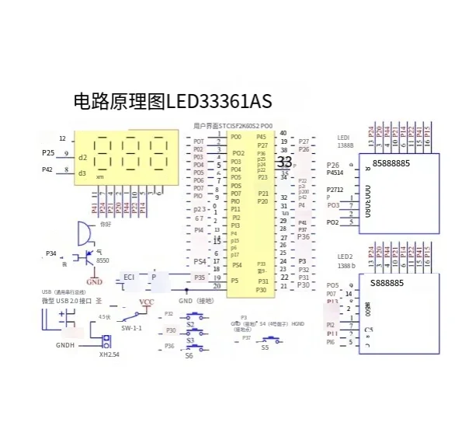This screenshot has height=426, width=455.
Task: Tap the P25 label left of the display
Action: coord(48,153)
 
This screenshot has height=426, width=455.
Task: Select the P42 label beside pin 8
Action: coord(47,169)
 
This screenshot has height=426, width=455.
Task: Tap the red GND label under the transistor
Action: coord(94,281)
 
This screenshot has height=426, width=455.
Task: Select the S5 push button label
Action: coord(265,347)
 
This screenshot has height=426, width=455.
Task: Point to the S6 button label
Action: coord(189,355)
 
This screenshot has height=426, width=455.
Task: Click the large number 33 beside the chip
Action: coord(284,162)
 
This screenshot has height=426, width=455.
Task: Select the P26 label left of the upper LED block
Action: coord(334,165)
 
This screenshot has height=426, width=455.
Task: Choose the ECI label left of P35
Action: coord(130,277)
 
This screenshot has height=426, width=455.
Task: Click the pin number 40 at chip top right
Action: coord(283,133)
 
